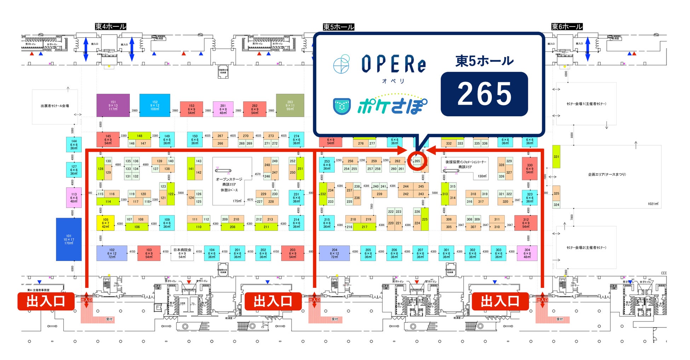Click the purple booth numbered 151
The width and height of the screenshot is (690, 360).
point(113,105)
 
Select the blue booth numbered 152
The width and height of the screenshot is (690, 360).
point(155,105)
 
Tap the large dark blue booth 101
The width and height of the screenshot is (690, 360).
point(69,239)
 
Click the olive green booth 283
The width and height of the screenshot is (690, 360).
point(290,105)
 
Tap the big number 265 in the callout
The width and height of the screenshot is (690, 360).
point(484,94)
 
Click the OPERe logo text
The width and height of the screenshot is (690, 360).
point(393,64)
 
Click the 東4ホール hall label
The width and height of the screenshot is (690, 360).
point(110,27)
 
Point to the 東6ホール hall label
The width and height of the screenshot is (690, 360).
point(567,27)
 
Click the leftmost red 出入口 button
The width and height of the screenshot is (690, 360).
point(46,301)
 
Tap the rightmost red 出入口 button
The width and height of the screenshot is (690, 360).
point(500,301)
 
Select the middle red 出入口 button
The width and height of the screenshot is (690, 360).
point(273,301)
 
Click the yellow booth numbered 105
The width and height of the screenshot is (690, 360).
point(105,223)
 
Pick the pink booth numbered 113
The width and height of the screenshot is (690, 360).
point(74,198)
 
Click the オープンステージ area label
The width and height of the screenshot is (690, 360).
point(229,179)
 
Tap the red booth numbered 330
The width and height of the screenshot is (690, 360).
point(529,169)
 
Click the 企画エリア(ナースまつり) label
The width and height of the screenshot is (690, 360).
point(607,174)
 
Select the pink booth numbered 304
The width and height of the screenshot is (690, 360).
point(527,253)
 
